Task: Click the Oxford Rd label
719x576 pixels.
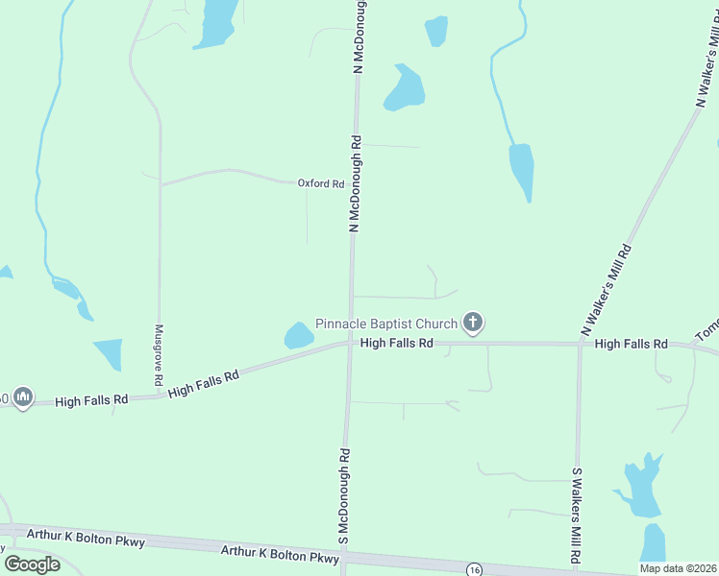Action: (x=320, y=183)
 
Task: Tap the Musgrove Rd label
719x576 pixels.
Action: (x=160, y=355)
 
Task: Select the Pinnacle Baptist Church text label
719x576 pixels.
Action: (x=387, y=323)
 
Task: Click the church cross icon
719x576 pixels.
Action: (x=472, y=323)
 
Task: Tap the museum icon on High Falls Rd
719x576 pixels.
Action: (x=23, y=396)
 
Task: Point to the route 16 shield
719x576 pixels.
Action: (x=475, y=569)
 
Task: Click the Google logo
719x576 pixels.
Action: (x=33, y=564)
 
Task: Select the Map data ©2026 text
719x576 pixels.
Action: (x=678, y=568)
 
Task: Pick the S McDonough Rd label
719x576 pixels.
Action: (x=343, y=499)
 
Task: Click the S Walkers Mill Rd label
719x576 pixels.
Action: (x=576, y=516)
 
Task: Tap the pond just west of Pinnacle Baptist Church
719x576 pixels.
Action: (x=298, y=335)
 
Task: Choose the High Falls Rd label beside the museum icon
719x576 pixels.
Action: (x=91, y=399)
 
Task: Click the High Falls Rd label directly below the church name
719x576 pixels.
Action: (x=396, y=343)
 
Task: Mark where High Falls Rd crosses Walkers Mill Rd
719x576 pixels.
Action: (x=580, y=344)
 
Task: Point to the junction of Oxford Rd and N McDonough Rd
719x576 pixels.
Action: (x=354, y=183)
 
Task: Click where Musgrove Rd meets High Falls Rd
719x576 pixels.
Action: (x=160, y=395)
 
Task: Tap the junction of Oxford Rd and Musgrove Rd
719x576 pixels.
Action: (x=160, y=184)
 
